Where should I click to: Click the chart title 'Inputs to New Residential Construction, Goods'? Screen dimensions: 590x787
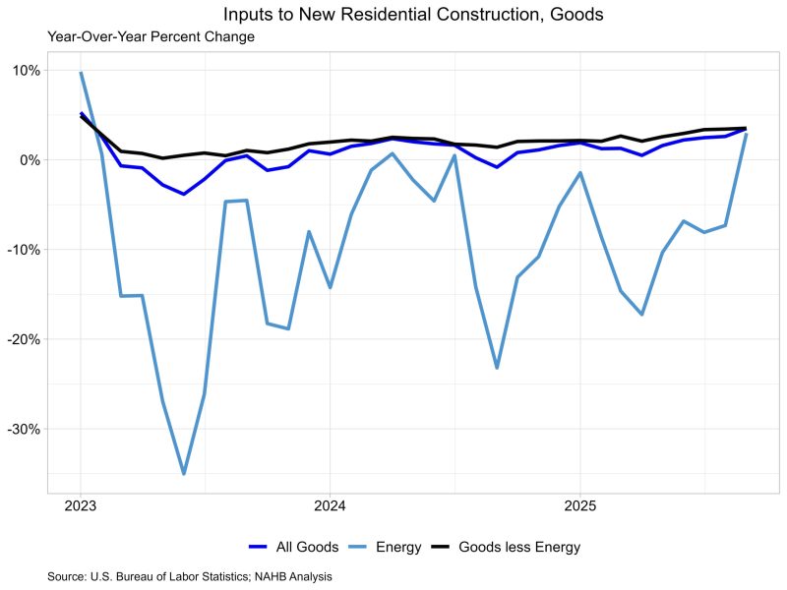[413, 15]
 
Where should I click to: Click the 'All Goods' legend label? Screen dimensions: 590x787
[307, 547]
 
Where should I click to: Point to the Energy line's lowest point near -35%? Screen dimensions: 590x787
[184, 474]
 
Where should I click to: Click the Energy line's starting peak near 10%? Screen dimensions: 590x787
[81, 73]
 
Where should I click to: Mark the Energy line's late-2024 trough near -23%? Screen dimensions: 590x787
[497, 368]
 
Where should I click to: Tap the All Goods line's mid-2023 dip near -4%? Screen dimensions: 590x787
[184, 194]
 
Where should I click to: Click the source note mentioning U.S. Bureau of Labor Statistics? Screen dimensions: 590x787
[190, 576]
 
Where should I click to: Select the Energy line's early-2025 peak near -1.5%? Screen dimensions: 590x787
[580, 173]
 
